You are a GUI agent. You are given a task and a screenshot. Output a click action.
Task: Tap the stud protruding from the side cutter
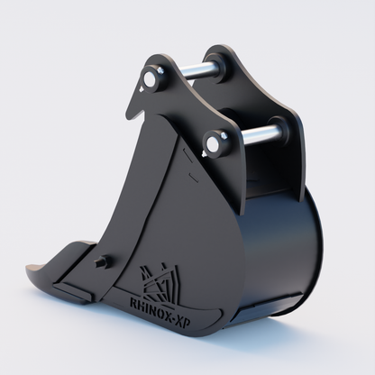coord(100,263)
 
